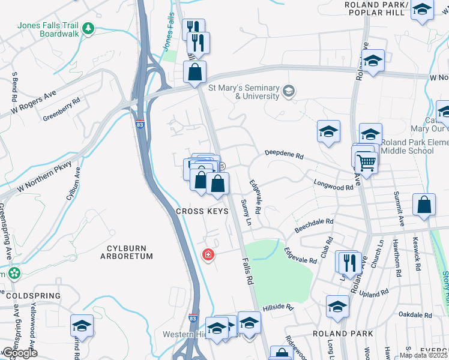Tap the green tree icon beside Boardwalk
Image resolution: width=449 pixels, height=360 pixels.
(x=88, y=28)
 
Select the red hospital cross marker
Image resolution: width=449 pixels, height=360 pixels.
(x=208, y=256)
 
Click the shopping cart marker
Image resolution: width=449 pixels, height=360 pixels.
(x=366, y=161)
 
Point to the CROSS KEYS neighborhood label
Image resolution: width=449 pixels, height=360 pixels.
(x=202, y=212)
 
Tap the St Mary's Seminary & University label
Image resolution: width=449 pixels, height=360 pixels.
(x=244, y=91)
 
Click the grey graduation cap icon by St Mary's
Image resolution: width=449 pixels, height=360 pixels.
(x=289, y=91)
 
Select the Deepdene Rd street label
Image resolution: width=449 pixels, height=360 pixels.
(x=285, y=155)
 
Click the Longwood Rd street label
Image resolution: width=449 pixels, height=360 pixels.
(x=333, y=187)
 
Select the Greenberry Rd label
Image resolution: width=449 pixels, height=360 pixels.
(x=61, y=110)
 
